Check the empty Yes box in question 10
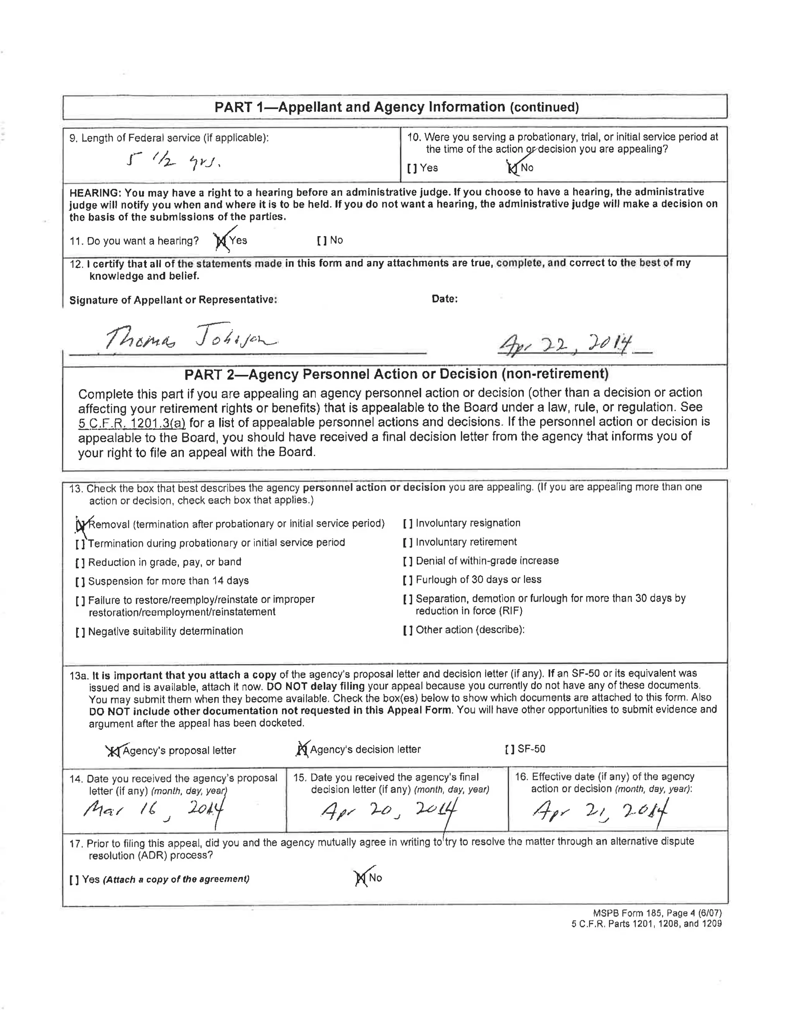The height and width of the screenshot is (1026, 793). [x=412, y=168]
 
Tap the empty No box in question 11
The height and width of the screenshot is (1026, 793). [x=322, y=241]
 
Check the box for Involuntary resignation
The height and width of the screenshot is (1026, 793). [x=408, y=524]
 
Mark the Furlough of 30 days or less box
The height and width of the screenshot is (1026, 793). [x=408, y=580]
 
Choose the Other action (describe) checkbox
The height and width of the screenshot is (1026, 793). [x=408, y=630]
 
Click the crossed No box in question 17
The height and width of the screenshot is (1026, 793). [x=361, y=878]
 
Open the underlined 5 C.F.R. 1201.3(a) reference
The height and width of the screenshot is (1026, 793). [x=132, y=423]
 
